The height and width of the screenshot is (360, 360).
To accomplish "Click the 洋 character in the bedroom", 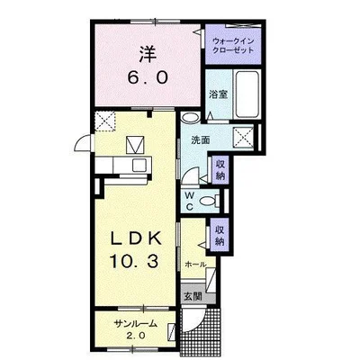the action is (148, 54).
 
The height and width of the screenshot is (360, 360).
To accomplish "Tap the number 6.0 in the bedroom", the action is (148, 78).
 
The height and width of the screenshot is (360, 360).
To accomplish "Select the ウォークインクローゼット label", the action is (233, 45).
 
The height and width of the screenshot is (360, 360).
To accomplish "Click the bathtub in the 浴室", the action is (247, 94).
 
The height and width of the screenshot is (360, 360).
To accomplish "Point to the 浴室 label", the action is (218, 94).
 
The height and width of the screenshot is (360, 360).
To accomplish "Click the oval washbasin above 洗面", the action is (191, 117).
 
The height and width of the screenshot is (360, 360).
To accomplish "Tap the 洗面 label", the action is (201, 140).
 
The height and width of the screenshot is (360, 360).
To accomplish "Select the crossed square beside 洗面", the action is (244, 138).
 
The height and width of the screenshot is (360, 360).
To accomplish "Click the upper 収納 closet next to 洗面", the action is (220, 169).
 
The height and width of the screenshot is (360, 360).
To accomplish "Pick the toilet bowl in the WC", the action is (208, 201).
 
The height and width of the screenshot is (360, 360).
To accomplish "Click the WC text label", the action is (190, 201).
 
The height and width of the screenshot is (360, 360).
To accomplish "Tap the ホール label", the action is (195, 265).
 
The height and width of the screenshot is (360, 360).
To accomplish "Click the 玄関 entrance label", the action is (193, 296).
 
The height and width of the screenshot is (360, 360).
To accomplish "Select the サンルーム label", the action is (136, 324).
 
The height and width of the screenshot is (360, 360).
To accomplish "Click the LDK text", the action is (137, 239).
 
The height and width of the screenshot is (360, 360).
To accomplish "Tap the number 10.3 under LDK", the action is (134, 261).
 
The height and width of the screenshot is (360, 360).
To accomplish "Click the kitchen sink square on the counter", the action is (139, 166).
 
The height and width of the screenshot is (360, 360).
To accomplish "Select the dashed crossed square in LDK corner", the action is (105, 121).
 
